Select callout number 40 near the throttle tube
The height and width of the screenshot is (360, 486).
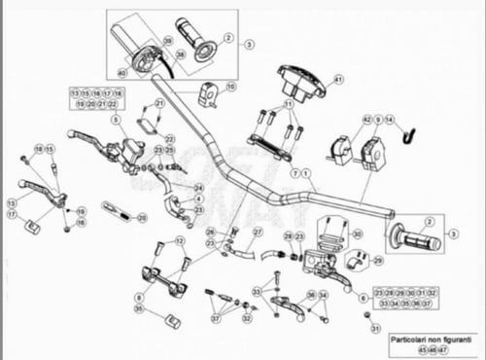(x=122, y=72)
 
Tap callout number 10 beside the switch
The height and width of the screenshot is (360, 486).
(x=230, y=86)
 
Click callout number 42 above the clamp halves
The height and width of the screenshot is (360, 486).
(x=366, y=119)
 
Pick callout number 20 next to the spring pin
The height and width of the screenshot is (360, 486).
(x=142, y=218)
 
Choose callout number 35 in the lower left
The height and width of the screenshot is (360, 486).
(x=139, y=309)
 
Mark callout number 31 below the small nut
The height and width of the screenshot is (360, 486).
(x=373, y=330)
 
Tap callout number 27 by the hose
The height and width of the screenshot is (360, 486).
(x=258, y=233)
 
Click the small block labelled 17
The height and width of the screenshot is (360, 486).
(x=31, y=227)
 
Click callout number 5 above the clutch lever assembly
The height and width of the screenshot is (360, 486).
(x=114, y=120)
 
